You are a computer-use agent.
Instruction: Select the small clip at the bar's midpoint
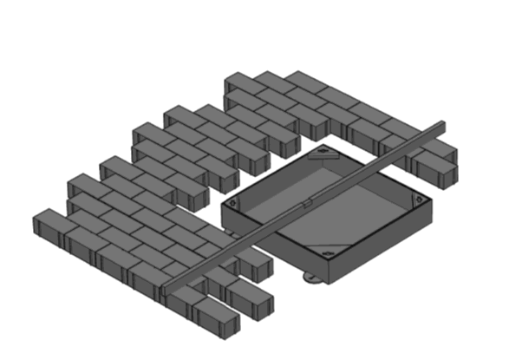pyautogui.click(x=305, y=205)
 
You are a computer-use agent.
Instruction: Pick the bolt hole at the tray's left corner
pyautogui.click(x=233, y=205)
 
